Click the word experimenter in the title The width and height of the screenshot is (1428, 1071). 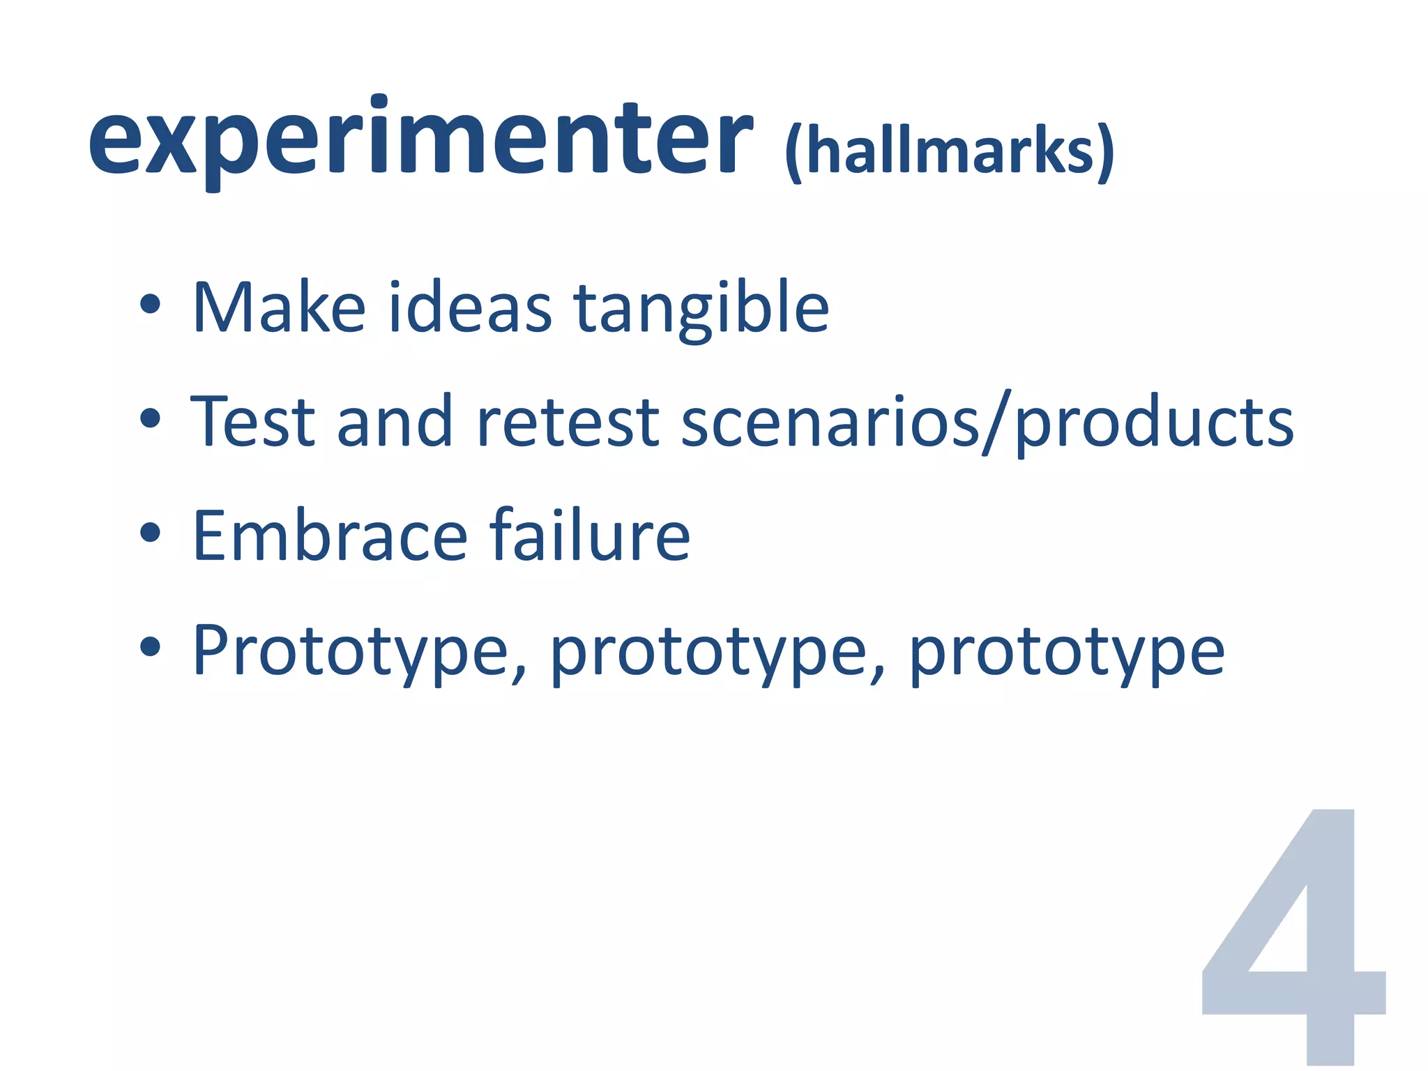click(420, 139)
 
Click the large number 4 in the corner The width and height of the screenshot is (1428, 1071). click(1293, 938)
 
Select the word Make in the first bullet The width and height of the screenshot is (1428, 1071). click(279, 307)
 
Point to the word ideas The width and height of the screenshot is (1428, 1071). click(470, 307)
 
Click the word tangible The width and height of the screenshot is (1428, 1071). click(701, 310)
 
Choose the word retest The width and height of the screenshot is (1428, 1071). click(567, 423)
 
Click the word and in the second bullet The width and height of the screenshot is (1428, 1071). click(394, 421)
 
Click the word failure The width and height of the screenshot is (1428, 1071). click(589, 535)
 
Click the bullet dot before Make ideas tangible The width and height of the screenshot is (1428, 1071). click(150, 305)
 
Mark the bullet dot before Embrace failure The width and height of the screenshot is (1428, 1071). click(150, 533)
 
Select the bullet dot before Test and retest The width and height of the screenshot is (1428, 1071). click(150, 419)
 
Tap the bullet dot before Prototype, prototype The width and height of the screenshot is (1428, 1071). click(150, 648)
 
